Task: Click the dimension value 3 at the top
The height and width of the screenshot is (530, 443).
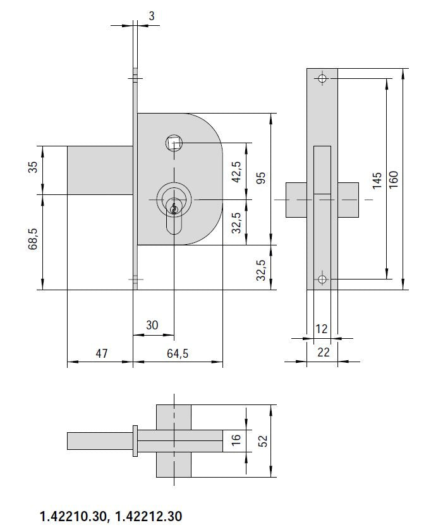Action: [152, 16]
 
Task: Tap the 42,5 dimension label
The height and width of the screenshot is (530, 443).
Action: [236, 172]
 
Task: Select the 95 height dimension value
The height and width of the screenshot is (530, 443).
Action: [261, 178]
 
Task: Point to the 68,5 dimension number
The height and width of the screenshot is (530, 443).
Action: [32, 239]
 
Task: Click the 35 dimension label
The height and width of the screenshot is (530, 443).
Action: [32, 167]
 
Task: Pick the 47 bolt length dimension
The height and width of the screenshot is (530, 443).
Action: [102, 353]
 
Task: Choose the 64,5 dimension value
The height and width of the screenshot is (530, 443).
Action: [178, 353]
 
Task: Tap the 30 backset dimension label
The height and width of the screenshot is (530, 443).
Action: [152, 325]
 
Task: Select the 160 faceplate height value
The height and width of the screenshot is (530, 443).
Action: [394, 180]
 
